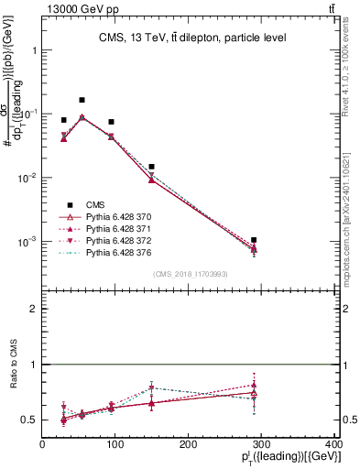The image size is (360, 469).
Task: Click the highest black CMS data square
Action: pyautogui.click(x=82, y=100)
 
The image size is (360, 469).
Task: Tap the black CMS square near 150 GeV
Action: pyautogui.click(x=152, y=167)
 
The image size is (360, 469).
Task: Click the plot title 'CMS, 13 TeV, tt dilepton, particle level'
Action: pyautogui.click(x=192, y=38)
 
